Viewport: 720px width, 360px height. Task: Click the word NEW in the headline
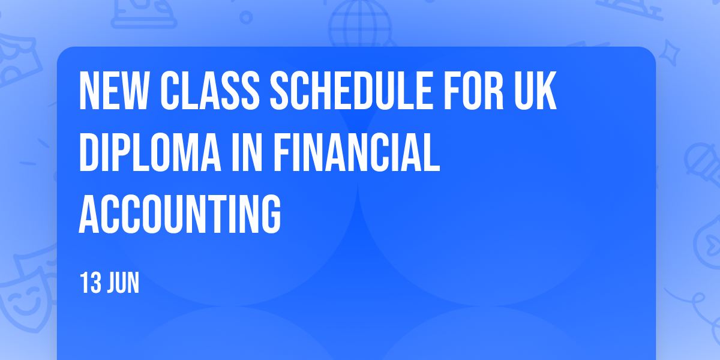113,91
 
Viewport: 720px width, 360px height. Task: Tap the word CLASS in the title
210,91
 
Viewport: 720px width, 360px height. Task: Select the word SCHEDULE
351,91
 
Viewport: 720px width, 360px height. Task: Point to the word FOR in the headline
473,91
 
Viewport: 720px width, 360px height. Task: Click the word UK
535,91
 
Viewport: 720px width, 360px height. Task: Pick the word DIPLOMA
150,152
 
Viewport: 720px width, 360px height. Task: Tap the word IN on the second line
247,152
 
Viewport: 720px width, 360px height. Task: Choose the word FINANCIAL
356,152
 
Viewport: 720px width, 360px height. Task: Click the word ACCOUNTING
180,214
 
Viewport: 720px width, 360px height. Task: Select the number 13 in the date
91,283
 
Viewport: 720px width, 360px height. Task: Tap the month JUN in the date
123,283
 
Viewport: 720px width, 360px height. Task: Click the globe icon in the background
360,24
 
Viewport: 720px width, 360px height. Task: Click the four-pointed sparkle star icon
670,53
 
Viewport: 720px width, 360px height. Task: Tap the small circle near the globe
246,17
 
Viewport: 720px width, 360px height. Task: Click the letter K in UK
547,91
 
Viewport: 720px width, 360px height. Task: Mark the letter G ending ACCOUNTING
271,214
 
